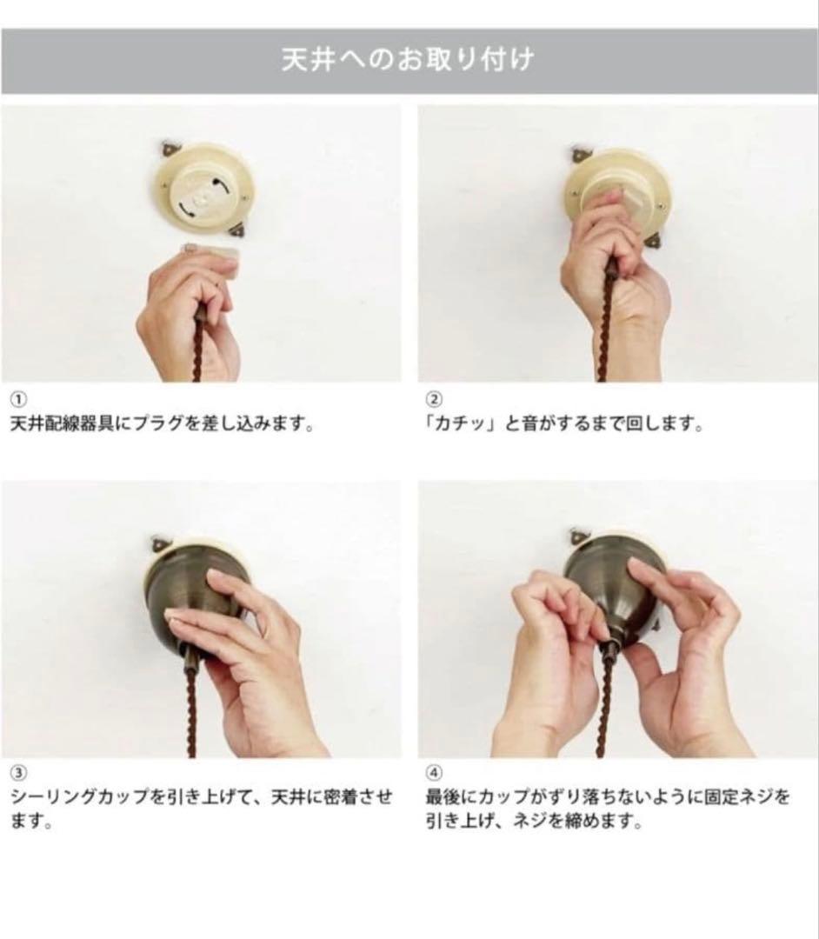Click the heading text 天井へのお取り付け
(x=408, y=61)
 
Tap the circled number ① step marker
(x=17, y=400)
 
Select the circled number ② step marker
(x=433, y=400)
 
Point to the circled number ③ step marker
(x=17, y=773)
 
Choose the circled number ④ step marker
(x=433, y=773)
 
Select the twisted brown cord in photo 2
(x=608, y=322)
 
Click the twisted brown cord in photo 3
(x=192, y=704)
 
